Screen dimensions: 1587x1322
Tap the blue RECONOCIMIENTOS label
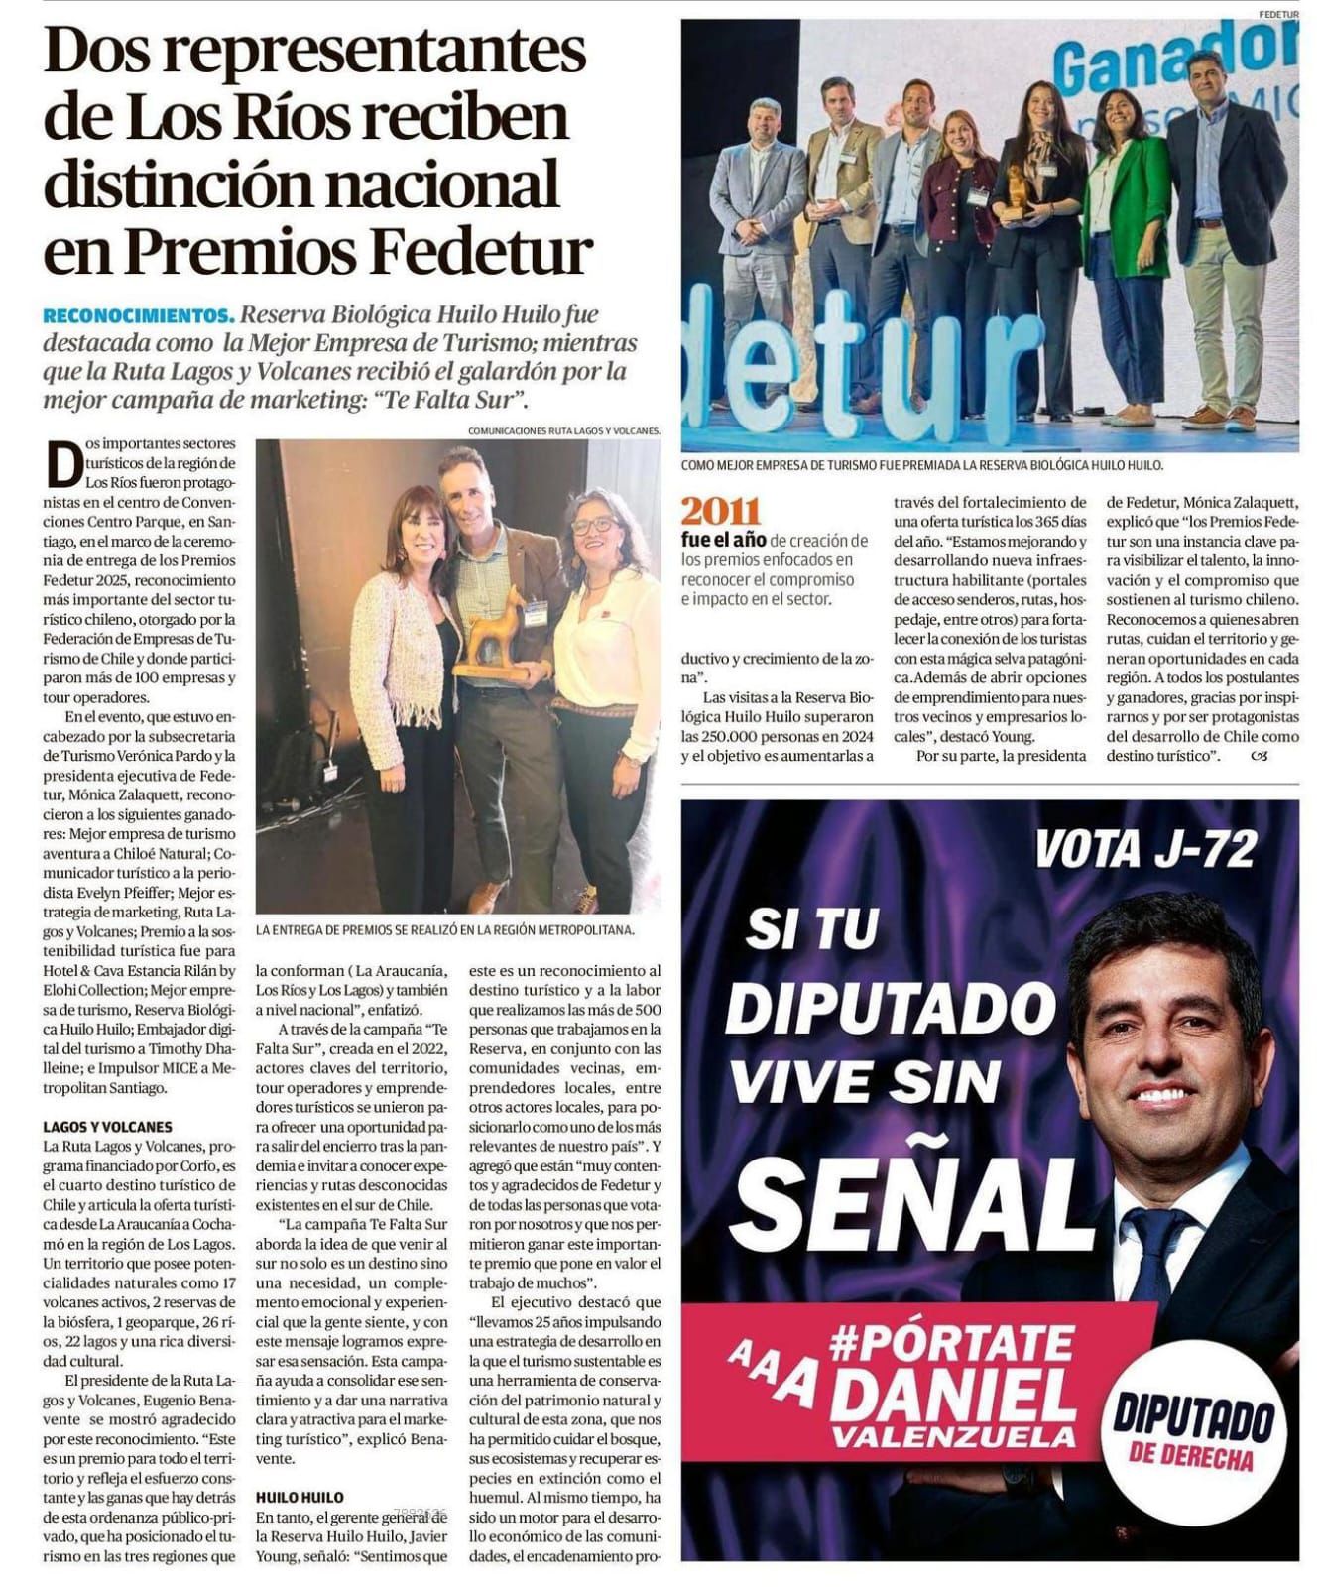tap(138, 316)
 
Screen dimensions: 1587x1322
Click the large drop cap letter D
tap(64, 465)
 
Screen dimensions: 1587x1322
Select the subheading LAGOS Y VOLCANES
tap(107, 1126)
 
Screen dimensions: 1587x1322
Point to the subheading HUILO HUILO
tap(300, 1497)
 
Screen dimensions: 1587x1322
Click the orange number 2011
tap(720, 511)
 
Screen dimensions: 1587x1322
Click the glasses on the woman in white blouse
tap(593, 525)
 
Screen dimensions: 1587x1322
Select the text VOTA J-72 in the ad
tap(1145, 849)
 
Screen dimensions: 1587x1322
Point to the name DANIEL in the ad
tap(953, 1396)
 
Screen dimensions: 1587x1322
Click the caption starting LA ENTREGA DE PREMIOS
tap(443, 929)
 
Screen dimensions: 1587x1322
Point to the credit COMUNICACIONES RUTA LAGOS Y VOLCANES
tap(562, 430)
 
